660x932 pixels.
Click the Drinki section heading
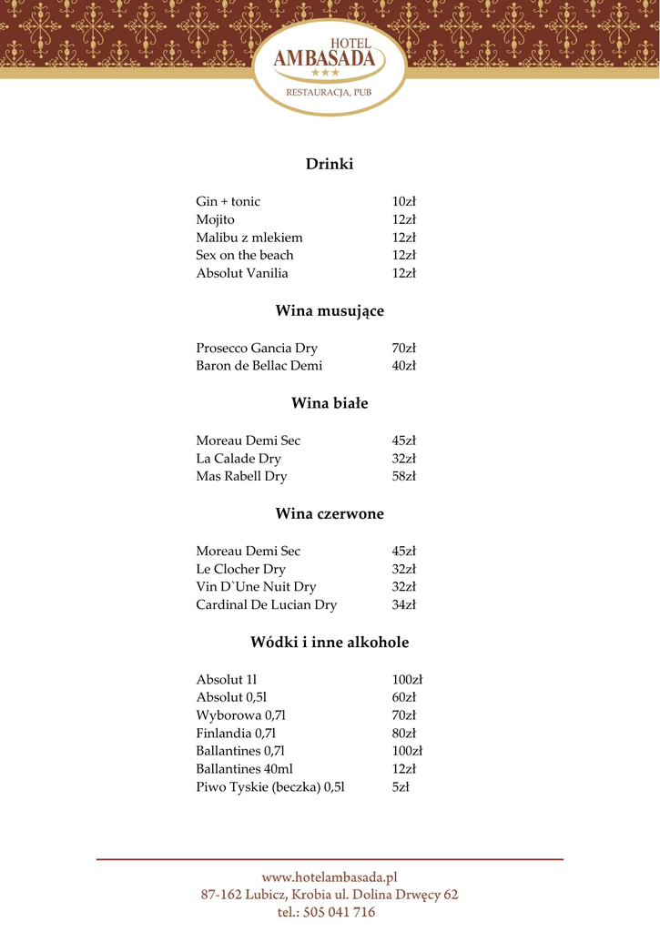pyautogui.click(x=329, y=165)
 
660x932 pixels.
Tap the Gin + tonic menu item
pyautogui.click(x=228, y=202)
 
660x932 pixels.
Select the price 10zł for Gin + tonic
pyautogui.click(x=403, y=202)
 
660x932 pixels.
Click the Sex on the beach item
pyautogui.click(x=244, y=256)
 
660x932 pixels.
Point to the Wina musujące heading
pyautogui.click(x=330, y=311)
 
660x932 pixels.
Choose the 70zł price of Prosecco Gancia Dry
pyautogui.click(x=403, y=349)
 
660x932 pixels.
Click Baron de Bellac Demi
pyautogui.click(x=259, y=366)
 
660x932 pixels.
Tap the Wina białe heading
pyautogui.click(x=330, y=403)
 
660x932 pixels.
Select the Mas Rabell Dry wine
pyautogui.click(x=241, y=476)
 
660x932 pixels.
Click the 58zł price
pyautogui.click(x=403, y=476)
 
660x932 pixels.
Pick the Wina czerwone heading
pyautogui.click(x=330, y=514)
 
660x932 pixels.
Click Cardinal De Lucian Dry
pyautogui.click(x=266, y=605)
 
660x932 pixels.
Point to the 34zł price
pyautogui.click(x=403, y=605)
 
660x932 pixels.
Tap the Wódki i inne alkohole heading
pyautogui.click(x=330, y=643)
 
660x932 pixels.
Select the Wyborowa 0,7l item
pyautogui.click(x=240, y=715)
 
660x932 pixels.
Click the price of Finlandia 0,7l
pyautogui.click(x=403, y=734)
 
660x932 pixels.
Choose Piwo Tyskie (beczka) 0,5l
pyautogui.click(x=269, y=787)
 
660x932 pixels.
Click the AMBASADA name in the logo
pyautogui.click(x=325, y=58)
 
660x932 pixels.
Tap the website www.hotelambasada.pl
pyautogui.click(x=330, y=877)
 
